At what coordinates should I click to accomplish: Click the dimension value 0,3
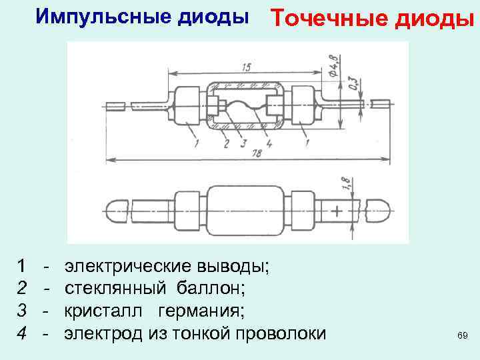(351, 83)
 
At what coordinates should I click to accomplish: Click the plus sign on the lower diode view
(337, 211)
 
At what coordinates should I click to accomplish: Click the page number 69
(462, 335)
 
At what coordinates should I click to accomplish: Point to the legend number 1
(23, 267)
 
